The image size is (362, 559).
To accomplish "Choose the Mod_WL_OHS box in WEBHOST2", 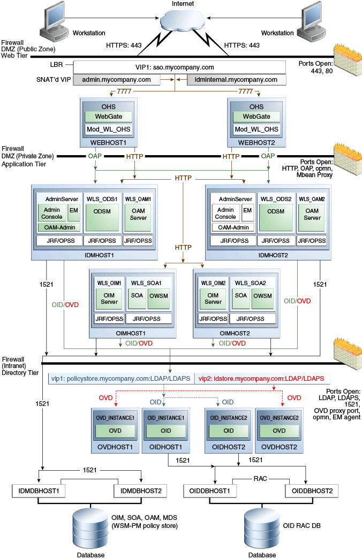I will coord(257,129).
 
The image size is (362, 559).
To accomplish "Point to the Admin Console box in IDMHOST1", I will coord(52,213).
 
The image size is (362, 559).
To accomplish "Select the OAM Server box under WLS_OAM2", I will coord(312,214).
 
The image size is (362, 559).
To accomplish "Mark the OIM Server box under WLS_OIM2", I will coord(213,298).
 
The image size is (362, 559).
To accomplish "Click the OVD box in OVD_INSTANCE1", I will coord(115,431).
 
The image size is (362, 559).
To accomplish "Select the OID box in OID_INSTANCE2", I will coord(229,431).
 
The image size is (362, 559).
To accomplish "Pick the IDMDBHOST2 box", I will coord(140,490).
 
